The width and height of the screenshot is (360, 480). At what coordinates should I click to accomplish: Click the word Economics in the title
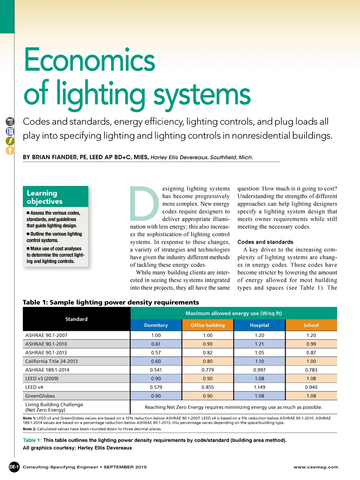89,60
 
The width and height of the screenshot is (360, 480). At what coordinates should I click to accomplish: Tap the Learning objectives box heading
45,197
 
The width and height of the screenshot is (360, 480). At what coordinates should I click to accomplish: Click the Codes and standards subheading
265,242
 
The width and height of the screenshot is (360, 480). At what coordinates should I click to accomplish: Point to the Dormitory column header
156,325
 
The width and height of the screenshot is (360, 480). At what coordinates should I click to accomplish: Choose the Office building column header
207,325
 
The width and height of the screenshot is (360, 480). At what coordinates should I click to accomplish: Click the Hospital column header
259,325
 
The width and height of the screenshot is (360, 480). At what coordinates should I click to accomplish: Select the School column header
311,325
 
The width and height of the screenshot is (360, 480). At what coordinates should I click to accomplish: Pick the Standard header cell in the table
76,319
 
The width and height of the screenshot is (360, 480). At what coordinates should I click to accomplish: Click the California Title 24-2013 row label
51,361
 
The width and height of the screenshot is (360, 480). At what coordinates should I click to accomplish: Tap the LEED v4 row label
34,387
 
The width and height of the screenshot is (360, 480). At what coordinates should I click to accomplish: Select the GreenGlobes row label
40,396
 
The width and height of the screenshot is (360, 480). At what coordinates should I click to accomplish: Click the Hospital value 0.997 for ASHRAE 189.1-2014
259,370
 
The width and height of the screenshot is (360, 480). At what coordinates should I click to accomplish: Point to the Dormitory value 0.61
156,344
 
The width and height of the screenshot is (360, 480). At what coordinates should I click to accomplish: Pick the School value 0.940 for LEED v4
311,387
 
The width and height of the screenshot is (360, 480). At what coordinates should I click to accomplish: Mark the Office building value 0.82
207,353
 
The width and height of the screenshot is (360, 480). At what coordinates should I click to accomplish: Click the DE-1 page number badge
14,467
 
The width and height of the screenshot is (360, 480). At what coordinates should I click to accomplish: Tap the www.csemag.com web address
316,467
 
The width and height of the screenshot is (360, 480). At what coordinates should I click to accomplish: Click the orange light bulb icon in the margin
10,151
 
